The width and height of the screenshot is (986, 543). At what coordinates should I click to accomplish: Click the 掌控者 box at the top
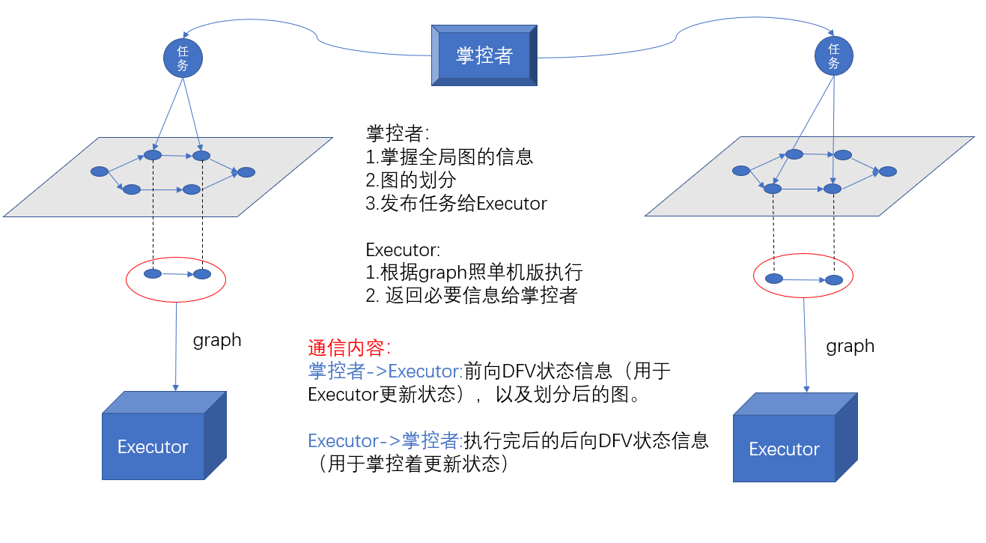pos(484,55)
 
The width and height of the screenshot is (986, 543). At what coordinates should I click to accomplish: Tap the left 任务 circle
pos(183,58)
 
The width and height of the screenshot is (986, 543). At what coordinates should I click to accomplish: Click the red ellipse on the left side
pos(176,280)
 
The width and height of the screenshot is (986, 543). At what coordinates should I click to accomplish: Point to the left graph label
pos(217,340)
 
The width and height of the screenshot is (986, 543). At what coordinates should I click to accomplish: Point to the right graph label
pos(850,346)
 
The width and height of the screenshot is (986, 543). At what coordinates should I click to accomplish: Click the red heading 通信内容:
pos(350,348)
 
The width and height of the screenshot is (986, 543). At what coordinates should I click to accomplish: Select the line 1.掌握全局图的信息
pos(449,157)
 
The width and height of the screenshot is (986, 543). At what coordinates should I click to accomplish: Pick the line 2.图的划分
pos(411,181)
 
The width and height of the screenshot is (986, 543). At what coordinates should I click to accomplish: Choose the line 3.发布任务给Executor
pos(456,204)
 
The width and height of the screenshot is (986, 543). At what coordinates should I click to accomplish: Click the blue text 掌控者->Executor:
pos(386,371)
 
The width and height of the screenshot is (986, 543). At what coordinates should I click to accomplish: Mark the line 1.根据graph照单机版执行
pos(474,272)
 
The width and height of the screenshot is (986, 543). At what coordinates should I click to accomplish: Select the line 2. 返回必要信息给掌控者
pos(471,295)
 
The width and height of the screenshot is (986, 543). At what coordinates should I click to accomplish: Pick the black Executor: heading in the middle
pos(403,249)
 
